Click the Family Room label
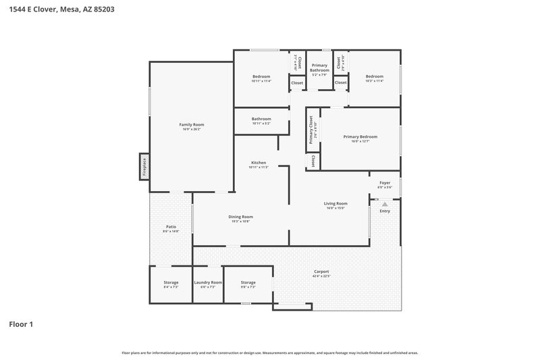coord(191,125)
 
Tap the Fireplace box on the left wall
coord(144,165)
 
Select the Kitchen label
coord(259,163)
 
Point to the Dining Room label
coord(241,217)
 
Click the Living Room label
coord(335,203)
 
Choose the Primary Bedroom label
coord(360,137)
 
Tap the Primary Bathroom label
coord(319,68)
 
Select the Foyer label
coord(384,182)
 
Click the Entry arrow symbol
coord(385,203)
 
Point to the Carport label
coord(321,272)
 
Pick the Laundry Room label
coord(207,282)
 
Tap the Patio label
coord(171,227)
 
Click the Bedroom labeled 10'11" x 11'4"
coord(261,77)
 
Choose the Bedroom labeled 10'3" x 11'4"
coord(374,77)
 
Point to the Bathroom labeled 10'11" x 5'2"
coord(261,120)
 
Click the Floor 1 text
coord(21,324)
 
